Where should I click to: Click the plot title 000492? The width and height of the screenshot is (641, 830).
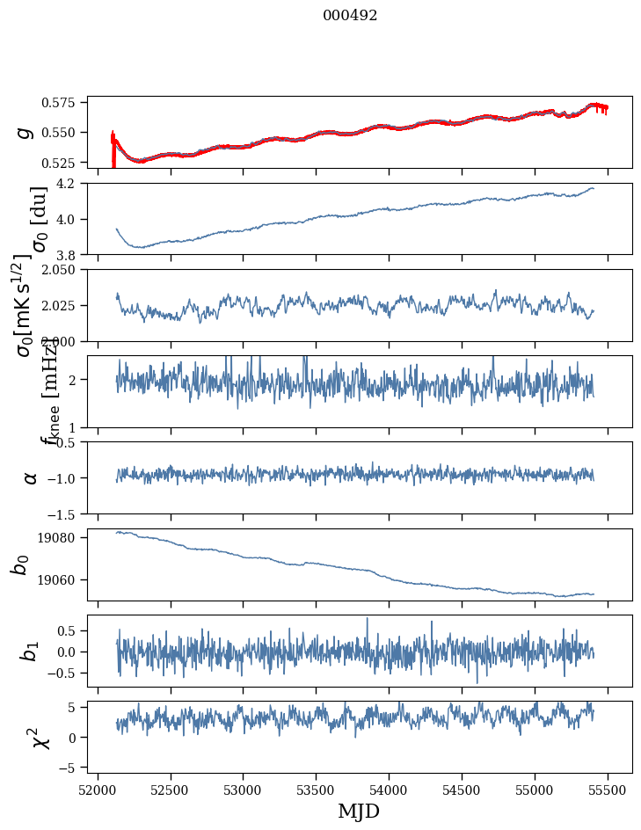(350, 16)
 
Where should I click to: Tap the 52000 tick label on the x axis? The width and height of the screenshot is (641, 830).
(98, 789)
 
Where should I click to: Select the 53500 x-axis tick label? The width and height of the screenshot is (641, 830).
(317, 789)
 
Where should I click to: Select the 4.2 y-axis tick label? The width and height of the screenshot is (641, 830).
(73, 184)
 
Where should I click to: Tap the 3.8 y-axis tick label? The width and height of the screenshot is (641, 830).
(73, 254)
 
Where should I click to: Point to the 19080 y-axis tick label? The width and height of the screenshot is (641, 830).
(69, 537)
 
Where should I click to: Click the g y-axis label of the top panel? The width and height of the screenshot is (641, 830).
(25, 132)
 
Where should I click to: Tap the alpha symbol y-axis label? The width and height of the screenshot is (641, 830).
(30, 477)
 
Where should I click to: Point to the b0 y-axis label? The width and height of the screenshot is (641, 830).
(20, 564)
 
